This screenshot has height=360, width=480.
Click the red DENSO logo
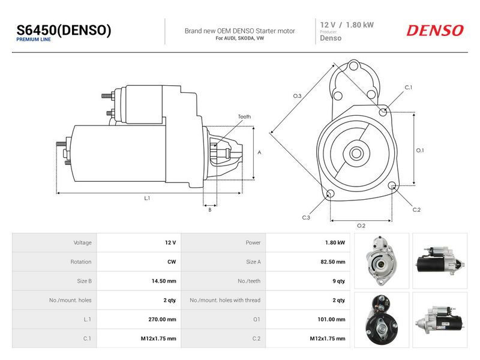click(434, 31)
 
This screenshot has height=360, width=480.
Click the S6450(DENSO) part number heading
click(64, 31)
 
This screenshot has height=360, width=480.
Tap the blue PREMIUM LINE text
click(34, 40)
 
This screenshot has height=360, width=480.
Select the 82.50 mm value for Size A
click(333, 262)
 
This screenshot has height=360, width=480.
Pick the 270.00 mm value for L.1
click(162, 319)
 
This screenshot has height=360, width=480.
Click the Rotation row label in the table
click(81, 262)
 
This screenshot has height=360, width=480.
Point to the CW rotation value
click(172, 262)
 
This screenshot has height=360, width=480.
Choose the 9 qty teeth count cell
click(338, 281)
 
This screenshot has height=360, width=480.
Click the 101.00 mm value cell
click(332, 319)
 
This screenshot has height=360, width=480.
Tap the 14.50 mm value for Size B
click(164, 281)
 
